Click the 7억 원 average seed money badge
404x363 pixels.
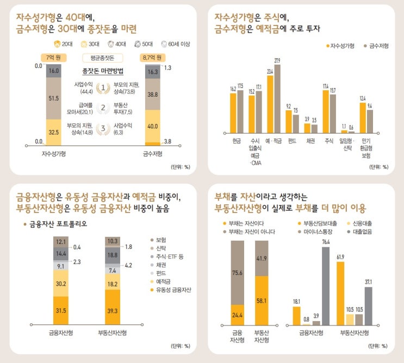[x=53, y=57]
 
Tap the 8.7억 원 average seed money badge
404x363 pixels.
[x=153, y=57]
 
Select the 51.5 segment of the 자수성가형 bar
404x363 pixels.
[x=54, y=98]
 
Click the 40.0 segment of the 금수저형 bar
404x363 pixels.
[x=153, y=126]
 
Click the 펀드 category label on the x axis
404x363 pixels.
[x=292, y=140]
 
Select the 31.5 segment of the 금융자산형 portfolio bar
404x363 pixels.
[x=61, y=310]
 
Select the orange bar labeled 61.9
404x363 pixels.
[x=341, y=293]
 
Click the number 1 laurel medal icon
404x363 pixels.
[x=102, y=87]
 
